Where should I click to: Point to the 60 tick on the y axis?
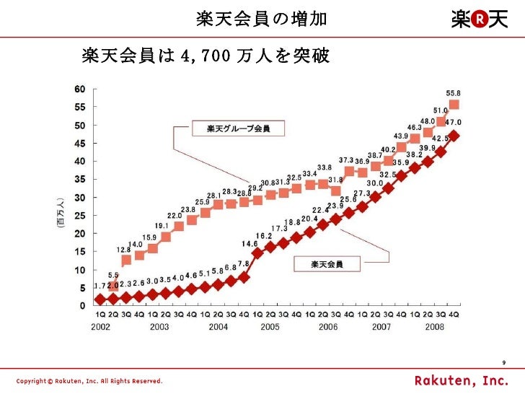point(80,89)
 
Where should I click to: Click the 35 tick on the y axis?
point(80,179)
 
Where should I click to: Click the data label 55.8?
point(454,93)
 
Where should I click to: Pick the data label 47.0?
point(454,123)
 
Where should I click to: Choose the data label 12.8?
point(123,250)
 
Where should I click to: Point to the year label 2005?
point(270,326)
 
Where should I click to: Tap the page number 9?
point(503,364)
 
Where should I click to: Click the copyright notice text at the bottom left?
point(90,380)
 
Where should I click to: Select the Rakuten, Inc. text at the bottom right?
point(460,380)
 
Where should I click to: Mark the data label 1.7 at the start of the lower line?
point(100,286)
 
